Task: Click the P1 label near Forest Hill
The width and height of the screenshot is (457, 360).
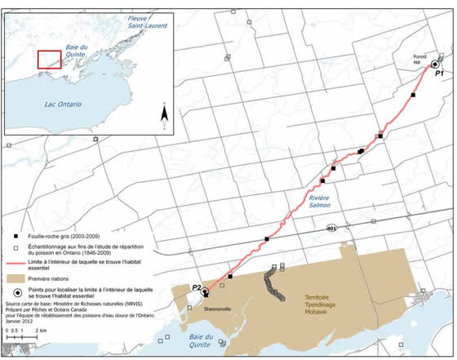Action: (439, 74)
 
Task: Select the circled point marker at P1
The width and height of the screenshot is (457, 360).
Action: (435, 64)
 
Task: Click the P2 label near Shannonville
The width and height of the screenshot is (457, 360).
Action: (196, 287)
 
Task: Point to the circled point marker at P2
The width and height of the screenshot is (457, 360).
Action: (206, 291)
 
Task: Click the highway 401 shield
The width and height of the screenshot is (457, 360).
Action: (331, 228)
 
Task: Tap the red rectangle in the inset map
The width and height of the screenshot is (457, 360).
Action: (50, 59)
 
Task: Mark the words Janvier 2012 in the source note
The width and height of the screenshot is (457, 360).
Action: (20, 322)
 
